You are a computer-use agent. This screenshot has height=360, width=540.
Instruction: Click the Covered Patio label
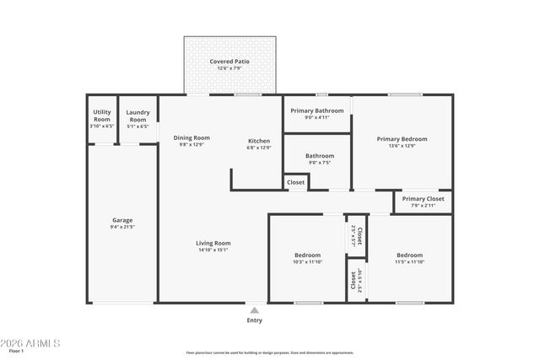(229, 62)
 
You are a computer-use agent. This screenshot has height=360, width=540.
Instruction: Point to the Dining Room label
(192, 137)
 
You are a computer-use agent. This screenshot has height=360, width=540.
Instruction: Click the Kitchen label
(259, 140)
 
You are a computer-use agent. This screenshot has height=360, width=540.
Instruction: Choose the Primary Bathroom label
(317, 110)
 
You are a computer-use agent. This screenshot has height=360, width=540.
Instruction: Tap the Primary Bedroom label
(402, 139)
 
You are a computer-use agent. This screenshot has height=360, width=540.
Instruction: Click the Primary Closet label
(423, 199)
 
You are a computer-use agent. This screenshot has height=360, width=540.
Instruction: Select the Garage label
(122, 220)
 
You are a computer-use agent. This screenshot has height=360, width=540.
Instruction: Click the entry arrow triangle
(254, 310)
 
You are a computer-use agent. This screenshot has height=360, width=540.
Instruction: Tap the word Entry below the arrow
(254, 320)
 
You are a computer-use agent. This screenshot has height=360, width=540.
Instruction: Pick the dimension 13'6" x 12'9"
(402, 146)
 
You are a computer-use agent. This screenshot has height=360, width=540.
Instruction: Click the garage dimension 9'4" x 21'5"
(122, 227)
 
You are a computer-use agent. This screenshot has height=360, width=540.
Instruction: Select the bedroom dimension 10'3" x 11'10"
(307, 261)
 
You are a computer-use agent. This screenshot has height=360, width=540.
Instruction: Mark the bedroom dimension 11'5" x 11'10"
(409, 261)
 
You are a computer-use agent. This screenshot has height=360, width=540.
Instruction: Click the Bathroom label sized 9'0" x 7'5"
(320, 155)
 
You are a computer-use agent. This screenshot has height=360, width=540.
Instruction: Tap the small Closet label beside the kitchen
(296, 182)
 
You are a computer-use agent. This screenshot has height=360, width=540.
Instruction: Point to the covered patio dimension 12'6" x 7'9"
(229, 68)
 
